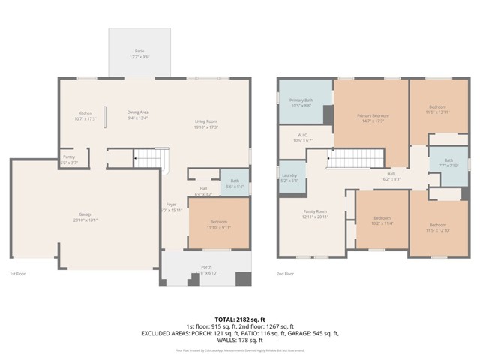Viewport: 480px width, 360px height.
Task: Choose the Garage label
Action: click(86, 217)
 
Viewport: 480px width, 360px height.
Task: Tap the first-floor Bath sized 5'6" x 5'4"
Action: click(235, 183)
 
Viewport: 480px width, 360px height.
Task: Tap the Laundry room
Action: click(289, 178)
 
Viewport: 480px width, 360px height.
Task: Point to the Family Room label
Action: click(314, 214)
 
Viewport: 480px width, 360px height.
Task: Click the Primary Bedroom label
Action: click(373, 118)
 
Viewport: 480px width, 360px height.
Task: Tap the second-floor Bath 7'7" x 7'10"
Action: click(448, 162)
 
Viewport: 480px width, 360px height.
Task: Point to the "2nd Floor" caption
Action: click(285, 274)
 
